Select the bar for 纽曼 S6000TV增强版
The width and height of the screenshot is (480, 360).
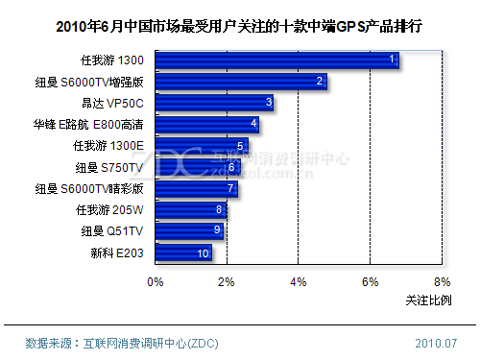coord(240,83)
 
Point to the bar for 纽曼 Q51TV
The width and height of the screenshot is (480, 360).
coord(189,231)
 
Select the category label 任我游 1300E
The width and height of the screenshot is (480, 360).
coord(108,146)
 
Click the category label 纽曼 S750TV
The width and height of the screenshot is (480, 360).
coord(108,167)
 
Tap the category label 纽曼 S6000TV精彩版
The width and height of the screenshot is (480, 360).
coord(88,188)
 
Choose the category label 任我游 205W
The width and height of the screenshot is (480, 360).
coord(108,209)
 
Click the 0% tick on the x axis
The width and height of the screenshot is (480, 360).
coord(155,282)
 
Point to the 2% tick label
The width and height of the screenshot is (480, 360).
coord(226,282)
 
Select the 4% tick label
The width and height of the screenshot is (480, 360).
coord(298,282)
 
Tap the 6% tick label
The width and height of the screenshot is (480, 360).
coord(370,282)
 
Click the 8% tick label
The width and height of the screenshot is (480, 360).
coord(441,282)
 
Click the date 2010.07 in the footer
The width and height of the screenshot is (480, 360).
coord(435,343)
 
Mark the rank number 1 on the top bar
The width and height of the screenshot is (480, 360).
coord(392,60)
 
